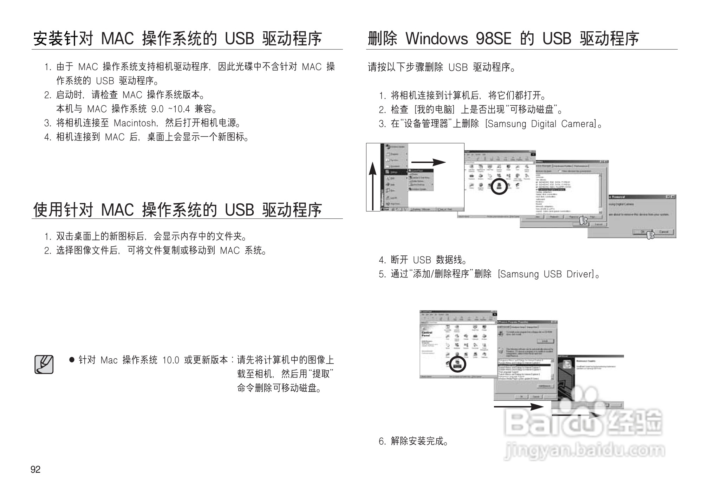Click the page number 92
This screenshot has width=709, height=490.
click(x=35, y=470)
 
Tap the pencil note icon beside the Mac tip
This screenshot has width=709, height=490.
click(x=44, y=365)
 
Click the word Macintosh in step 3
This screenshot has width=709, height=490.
click(x=135, y=123)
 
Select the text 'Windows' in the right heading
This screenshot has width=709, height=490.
click(x=437, y=39)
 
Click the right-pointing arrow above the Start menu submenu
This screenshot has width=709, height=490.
click(x=428, y=162)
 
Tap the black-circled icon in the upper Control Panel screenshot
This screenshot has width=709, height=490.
click(x=499, y=186)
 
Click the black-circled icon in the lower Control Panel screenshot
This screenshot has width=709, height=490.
click(x=457, y=364)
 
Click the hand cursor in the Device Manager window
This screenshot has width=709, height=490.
click(x=583, y=221)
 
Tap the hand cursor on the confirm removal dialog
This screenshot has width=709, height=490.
click(x=650, y=235)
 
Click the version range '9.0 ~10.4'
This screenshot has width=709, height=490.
click(x=170, y=109)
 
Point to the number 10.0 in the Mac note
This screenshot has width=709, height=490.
click(x=171, y=360)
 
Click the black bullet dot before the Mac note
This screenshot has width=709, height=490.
click(x=72, y=360)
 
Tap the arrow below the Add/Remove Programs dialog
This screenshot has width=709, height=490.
click(x=519, y=407)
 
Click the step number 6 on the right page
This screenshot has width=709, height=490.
click(x=382, y=442)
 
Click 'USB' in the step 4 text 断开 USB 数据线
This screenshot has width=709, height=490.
click(x=422, y=260)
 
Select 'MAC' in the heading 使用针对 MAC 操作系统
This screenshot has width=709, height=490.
click(x=117, y=210)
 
